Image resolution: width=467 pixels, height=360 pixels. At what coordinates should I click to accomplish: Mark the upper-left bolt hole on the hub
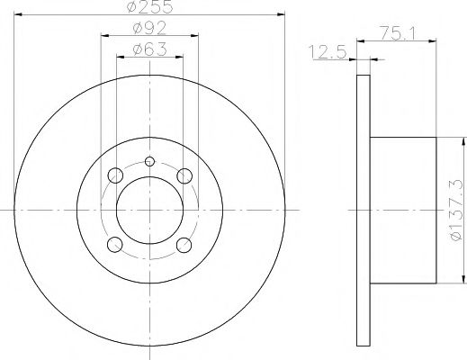[x=115, y=175]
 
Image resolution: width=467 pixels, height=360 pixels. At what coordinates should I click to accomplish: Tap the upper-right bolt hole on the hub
[x=184, y=175]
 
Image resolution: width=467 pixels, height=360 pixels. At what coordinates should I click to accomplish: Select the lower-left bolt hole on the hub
[x=115, y=244]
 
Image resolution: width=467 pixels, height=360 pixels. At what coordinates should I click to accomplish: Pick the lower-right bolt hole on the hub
[x=184, y=244]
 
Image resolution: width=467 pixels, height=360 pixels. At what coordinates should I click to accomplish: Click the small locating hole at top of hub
[x=150, y=162]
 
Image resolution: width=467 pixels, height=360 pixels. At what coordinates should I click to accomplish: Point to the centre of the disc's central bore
[x=150, y=210]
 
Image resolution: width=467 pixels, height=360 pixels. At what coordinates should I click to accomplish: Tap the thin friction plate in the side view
[x=363, y=210]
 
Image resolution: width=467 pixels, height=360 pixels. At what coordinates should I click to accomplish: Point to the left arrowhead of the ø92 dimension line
[x=103, y=35]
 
